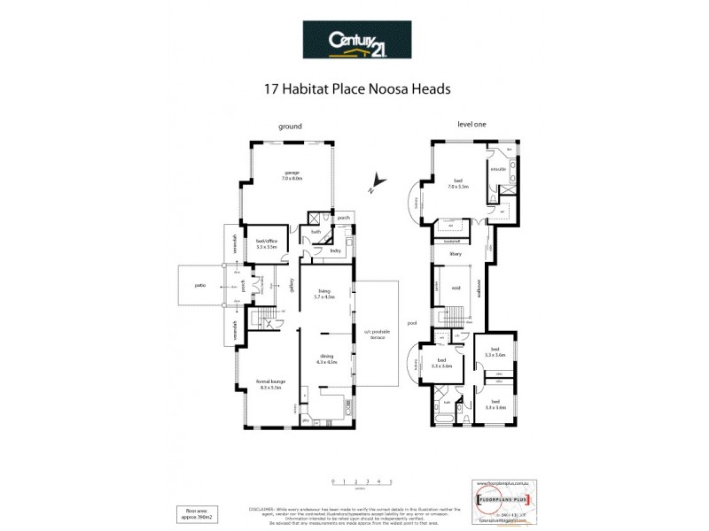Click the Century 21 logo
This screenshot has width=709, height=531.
tap(354, 40)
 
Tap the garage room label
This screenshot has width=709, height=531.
tap(292, 175)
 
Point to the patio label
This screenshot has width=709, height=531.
tap(198, 285)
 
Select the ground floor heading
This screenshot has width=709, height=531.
tap(291, 126)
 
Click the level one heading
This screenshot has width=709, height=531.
tap(471, 125)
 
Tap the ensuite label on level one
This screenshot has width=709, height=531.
tap(497, 168)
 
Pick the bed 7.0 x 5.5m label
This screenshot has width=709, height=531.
tap(457, 184)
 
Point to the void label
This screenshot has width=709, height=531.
tap(456, 288)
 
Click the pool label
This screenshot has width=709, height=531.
tap(411, 324)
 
